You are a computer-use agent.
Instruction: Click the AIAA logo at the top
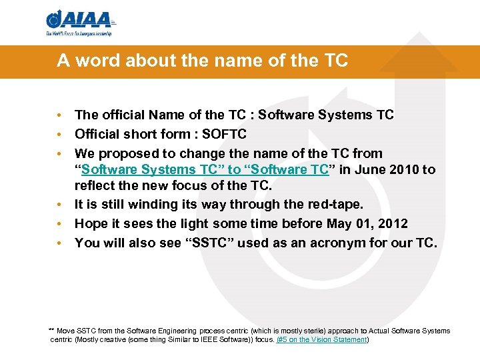(79, 23)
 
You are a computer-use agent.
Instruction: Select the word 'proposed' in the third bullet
(128, 153)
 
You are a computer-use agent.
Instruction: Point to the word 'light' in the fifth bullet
(195, 223)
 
